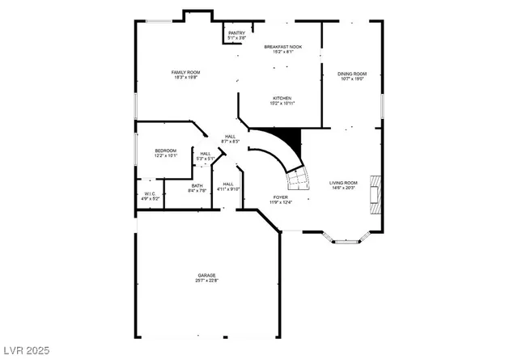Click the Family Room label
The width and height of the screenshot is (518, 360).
point(185,73)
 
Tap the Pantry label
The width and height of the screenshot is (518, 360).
point(236,33)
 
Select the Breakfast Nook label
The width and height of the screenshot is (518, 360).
point(283,48)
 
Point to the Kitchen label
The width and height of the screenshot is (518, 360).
point(282,98)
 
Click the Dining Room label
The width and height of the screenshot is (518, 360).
point(351,74)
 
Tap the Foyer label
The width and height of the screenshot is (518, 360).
point(280,196)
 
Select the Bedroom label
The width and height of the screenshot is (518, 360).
point(166,150)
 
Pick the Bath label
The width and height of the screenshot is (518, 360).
point(197,187)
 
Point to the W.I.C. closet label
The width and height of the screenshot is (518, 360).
point(150,194)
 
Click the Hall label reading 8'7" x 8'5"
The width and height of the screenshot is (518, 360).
point(230,136)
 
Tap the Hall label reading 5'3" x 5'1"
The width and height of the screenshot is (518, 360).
point(206,154)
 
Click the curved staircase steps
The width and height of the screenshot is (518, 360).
point(297,178)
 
